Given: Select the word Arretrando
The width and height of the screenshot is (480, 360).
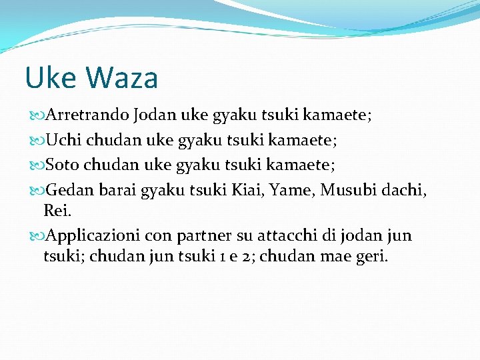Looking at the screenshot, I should (x=88, y=115).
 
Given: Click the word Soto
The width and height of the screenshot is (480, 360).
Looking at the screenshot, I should (x=63, y=165).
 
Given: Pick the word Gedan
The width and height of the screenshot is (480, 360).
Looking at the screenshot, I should (x=70, y=191).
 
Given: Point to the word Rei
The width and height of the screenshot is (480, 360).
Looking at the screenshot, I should (x=56, y=211).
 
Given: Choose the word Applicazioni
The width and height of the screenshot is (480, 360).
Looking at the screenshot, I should (x=93, y=236).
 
